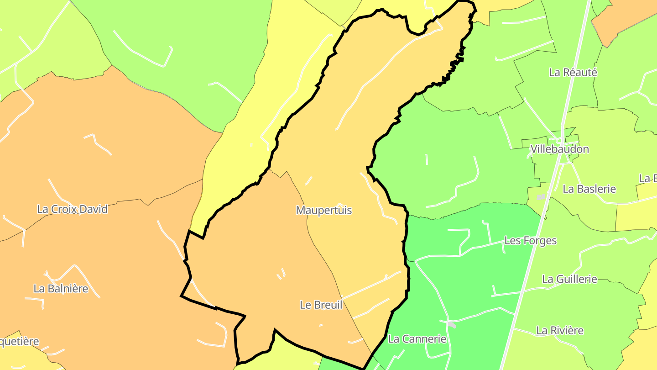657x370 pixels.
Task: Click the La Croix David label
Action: (x=72, y=209)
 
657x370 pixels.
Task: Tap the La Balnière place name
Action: (x=61, y=289)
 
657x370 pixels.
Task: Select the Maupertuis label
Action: (x=324, y=210)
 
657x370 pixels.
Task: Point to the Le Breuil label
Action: (x=321, y=305)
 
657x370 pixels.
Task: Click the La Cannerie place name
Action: (x=417, y=339)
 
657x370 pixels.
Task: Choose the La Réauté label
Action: (x=573, y=72)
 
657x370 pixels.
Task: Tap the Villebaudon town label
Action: (x=559, y=149)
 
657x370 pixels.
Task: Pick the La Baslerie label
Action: (x=589, y=189)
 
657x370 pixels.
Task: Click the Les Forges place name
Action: (x=530, y=241)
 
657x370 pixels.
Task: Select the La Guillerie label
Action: (x=569, y=279)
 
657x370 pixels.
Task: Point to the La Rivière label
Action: (x=560, y=330)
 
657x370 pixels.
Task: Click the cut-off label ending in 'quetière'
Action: (x=19, y=342)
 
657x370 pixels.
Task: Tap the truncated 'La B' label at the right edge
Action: (x=648, y=178)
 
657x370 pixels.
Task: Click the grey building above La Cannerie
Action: (x=451, y=324)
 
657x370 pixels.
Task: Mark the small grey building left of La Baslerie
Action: (x=541, y=197)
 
